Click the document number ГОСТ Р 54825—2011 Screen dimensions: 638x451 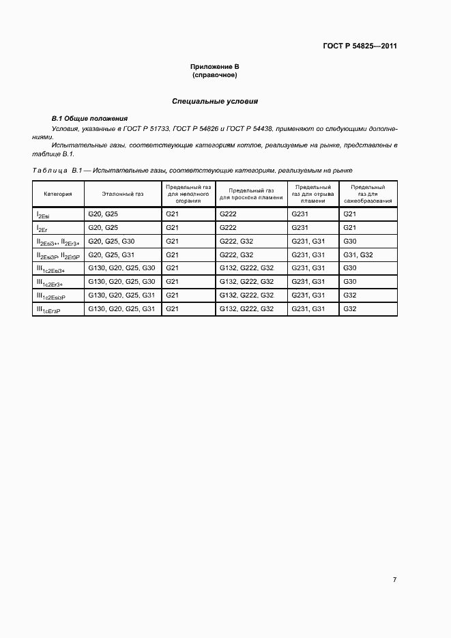(x=360, y=46)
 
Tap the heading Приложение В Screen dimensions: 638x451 (x=214, y=67)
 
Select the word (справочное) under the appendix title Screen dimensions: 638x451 (x=214, y=75)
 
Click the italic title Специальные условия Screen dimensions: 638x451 (x=214, y=101)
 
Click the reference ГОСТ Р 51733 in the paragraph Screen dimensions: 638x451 (x=145, y=128)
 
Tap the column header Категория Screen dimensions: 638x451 (x=58, y=194)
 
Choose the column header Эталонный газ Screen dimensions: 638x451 (x=123, y=194)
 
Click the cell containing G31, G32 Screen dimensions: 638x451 (x=358, y=255)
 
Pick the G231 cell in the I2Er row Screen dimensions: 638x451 (x=300, y=227)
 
